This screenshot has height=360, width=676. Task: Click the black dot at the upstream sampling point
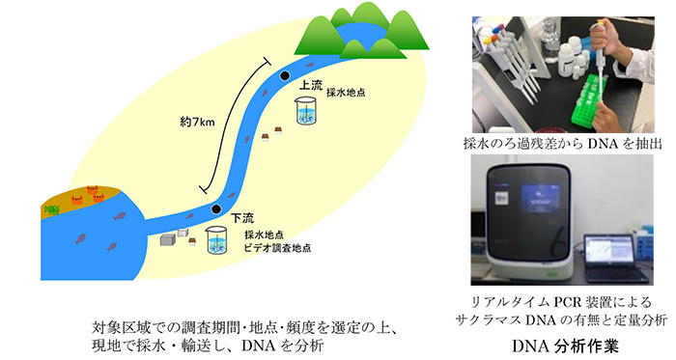tap(285, 75)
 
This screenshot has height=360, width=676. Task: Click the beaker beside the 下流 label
tap(214, 244)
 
